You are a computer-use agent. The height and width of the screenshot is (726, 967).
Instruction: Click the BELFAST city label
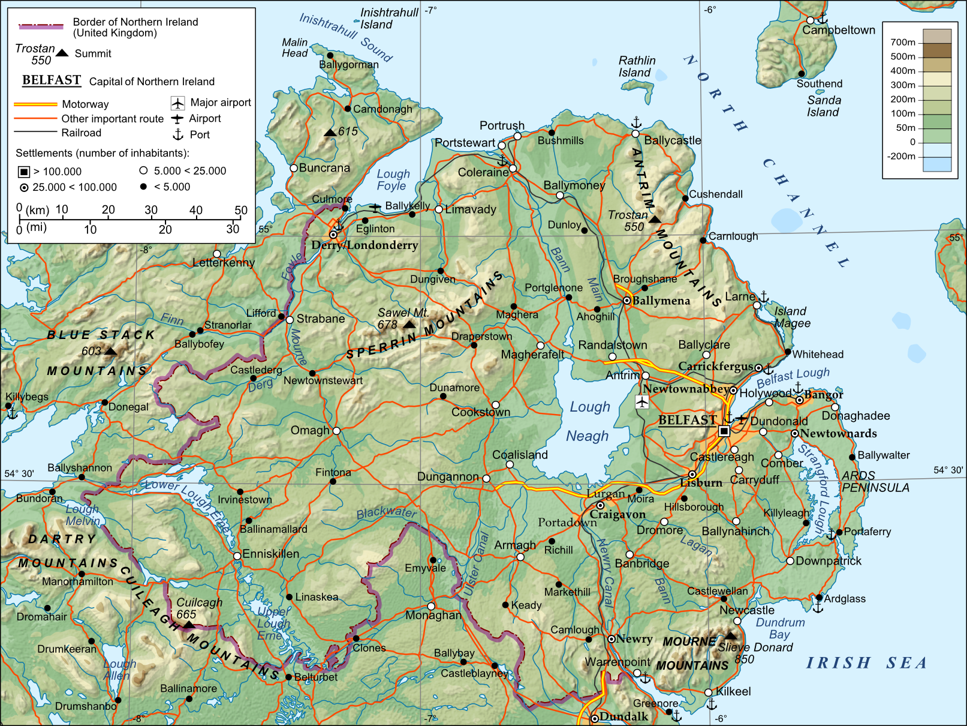coord(687,420)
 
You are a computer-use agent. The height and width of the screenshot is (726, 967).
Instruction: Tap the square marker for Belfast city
coord(724,431)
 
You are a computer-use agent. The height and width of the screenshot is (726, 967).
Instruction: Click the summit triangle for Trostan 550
coord(655,219)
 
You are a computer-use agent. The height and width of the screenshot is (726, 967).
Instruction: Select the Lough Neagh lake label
coord(588,421)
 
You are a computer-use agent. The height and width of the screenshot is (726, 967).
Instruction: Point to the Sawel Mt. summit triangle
coord(409,324)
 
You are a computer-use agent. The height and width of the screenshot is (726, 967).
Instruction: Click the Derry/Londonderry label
coord(364,245)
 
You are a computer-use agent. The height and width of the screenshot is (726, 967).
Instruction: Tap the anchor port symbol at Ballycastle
coord(636,123)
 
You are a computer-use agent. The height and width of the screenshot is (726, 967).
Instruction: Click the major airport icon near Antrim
coord(642,401)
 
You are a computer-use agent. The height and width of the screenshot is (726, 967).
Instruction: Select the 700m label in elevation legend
coord(902,42)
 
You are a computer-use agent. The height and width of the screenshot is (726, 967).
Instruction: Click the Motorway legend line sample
coord(35,104)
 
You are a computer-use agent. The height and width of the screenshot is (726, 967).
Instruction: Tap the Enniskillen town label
coord(270,554)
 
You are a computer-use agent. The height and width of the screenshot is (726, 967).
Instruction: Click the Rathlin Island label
coord(637,67)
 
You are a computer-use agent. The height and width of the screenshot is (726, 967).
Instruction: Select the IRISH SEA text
coord(866,663)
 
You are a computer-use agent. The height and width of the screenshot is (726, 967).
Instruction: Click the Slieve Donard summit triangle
coord(730,635)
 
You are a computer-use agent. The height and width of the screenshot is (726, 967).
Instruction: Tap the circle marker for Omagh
coord(336,431)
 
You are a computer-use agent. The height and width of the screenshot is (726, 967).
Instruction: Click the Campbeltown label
coord(838,30)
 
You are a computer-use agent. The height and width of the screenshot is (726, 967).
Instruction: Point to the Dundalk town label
coord(623,716)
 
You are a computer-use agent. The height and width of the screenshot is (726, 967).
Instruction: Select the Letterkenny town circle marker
coord(217,254)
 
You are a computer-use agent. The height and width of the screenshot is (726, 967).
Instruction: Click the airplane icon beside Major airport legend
coord(177,103)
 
